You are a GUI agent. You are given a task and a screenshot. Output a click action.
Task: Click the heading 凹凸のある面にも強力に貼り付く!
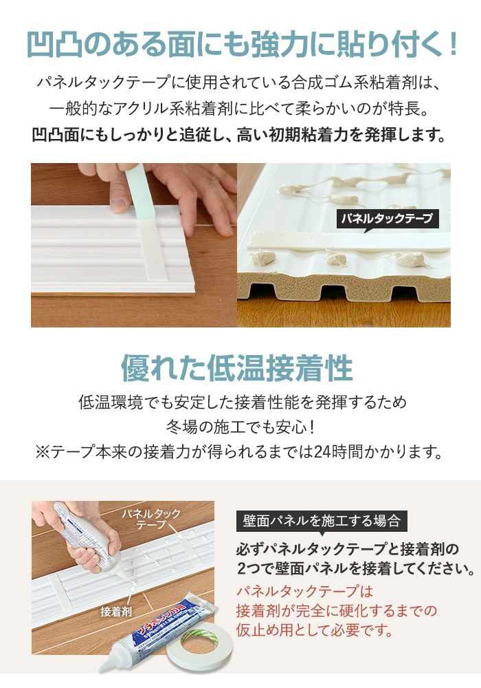[x=243, y=44]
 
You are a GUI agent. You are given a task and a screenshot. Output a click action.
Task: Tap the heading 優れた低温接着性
[x=236, y=367]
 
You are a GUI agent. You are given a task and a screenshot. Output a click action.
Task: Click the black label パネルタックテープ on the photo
[x=388, y=218]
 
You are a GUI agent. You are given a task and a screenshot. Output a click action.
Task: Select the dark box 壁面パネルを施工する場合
[x=322, y=521]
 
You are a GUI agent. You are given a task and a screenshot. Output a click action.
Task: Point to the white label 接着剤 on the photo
[x=115, y=611]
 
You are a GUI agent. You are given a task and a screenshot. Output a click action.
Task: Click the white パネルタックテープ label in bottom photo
[x=151, y=519]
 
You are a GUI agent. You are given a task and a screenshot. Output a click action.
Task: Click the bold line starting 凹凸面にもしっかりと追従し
[x=238, y=135]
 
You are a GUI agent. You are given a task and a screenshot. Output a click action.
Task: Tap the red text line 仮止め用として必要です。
[x=315, y=630]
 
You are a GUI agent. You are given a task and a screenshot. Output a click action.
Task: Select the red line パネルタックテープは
[x=304, y=591]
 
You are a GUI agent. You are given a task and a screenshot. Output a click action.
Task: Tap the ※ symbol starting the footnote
[x=43, y=452]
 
